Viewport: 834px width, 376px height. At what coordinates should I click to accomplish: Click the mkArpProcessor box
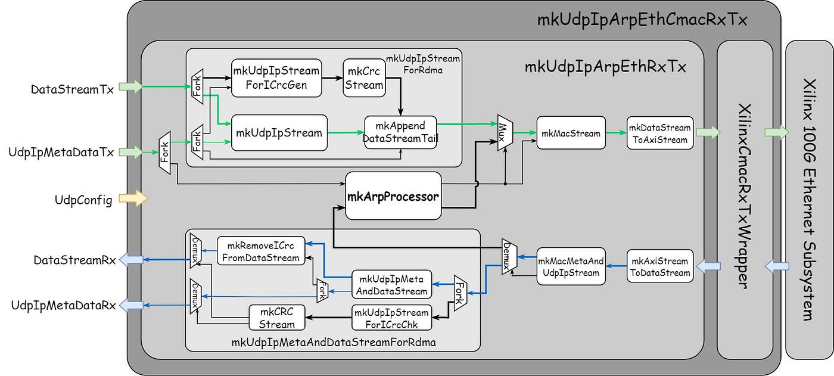[393, 196]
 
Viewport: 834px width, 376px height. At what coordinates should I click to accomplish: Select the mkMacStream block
[571, 133]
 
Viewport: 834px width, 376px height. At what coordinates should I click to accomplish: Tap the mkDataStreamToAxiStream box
[660, 133]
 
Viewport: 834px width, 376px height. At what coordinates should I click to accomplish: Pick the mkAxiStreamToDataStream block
[660, 266]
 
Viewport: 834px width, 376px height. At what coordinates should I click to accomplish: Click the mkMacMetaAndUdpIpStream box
[571, 266]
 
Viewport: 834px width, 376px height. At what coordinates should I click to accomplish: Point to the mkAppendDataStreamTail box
[400, 132]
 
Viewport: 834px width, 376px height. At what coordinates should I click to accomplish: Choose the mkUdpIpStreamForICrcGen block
[276, 78]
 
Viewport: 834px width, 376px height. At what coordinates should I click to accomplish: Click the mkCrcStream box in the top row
[364, 78]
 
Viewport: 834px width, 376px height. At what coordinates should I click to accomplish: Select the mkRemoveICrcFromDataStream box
[261, 251]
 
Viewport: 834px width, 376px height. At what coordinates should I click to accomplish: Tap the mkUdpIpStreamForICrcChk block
[392, 318]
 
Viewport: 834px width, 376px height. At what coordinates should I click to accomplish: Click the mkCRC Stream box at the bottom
[276, 318]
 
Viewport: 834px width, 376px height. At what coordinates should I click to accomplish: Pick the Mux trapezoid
[505, 132]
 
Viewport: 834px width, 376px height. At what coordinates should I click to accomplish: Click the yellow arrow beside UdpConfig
[133, 198]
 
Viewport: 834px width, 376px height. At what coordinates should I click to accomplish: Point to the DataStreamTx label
[72, 90]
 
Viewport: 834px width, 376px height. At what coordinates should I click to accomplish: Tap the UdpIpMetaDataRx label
[63, 305]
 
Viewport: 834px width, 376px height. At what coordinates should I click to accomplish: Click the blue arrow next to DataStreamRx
[131, 259]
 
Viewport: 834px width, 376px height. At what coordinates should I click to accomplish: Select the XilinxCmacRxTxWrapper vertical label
[745, 196]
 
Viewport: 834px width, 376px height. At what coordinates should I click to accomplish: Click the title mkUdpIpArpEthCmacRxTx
[642, 19]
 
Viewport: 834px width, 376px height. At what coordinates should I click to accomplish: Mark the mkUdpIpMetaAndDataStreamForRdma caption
[334, 342]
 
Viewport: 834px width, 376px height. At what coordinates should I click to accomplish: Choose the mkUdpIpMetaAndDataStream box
[392, 285]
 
